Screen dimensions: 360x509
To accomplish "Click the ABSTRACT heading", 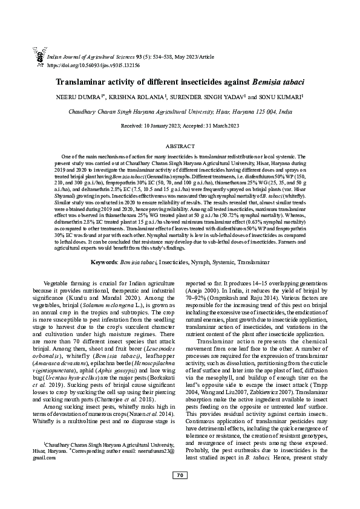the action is click(180, 146).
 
